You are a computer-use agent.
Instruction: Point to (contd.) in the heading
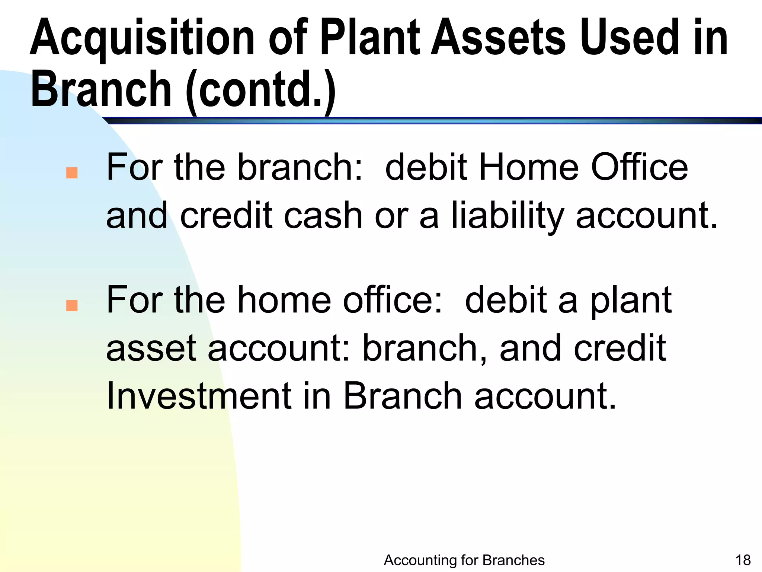260,90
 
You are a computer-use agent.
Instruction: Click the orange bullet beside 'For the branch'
72,173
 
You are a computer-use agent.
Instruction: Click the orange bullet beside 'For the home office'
72,305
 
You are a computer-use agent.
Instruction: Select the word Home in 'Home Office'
529,167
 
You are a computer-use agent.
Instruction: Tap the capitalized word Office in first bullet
639,167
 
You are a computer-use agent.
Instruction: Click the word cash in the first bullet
323,216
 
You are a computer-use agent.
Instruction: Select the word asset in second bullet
151,348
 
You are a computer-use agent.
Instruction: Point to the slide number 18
743,560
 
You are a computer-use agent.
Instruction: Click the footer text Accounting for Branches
464,560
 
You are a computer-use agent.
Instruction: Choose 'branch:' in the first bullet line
300,167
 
